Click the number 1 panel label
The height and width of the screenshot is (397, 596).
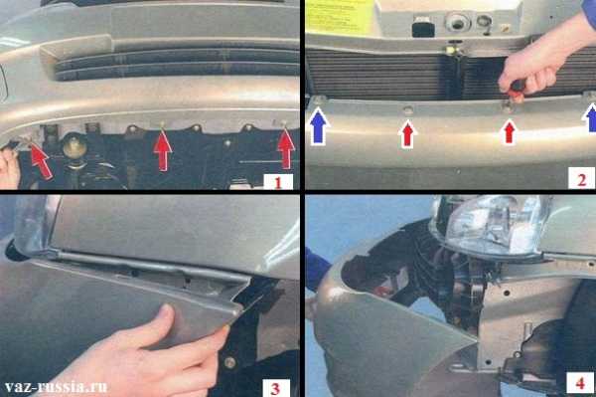(x=278, y=183)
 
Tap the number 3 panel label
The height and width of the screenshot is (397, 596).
(x=275, y=389)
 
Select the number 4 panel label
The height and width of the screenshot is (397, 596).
(x=580, y=383)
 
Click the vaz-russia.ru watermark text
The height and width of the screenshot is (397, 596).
(x=57, y=387)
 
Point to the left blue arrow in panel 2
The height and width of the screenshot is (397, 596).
(x=319, y=125)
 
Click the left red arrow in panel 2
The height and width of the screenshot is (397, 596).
(x=407, y=134)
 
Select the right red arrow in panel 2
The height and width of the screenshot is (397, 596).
(x=509, y=132)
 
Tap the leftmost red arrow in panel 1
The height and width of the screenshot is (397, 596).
(x=41, y=160)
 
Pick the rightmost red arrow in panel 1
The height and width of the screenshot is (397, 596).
(x=286, y=148)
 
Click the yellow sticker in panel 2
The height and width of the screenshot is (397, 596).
(x=340, y=16)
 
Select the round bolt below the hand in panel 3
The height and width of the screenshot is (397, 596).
(x=229, y=361)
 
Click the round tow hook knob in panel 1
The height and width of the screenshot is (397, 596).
(x=74, y=145)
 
